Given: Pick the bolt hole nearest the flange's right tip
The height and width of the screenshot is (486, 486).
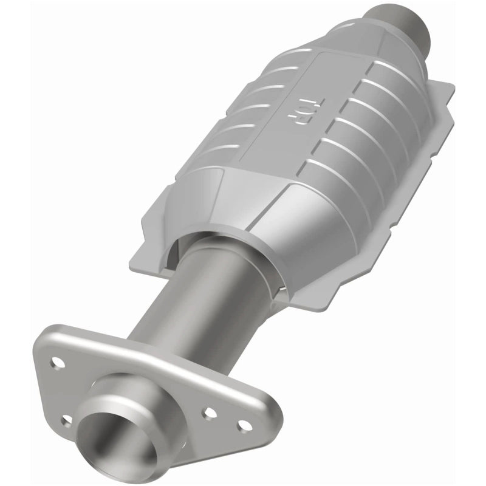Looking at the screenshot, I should pyautogui.click(x=244, y=425).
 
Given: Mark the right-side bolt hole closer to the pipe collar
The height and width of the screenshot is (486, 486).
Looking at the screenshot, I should pyautogui.click(x=210, y=412).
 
